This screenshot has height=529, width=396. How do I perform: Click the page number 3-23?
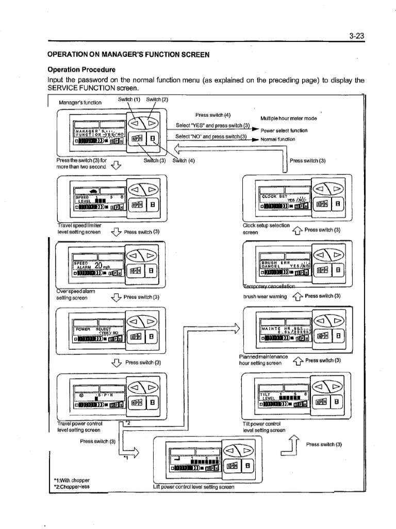356,36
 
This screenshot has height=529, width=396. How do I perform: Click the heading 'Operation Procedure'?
81,70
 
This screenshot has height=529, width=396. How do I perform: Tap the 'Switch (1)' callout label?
129,100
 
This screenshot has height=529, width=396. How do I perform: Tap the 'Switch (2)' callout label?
157,100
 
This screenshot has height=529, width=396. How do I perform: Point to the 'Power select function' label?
284,130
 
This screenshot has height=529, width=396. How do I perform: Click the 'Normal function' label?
278,139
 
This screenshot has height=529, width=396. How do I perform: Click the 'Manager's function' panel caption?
80,102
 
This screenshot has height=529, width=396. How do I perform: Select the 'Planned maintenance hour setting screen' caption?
263,360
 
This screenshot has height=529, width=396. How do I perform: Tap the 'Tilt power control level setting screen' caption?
265,427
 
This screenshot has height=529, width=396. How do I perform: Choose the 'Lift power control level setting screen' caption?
194,487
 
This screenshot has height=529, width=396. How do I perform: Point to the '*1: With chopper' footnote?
72,479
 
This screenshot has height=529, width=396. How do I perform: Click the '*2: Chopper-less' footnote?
72,487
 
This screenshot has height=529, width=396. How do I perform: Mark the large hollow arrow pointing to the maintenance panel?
237,328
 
